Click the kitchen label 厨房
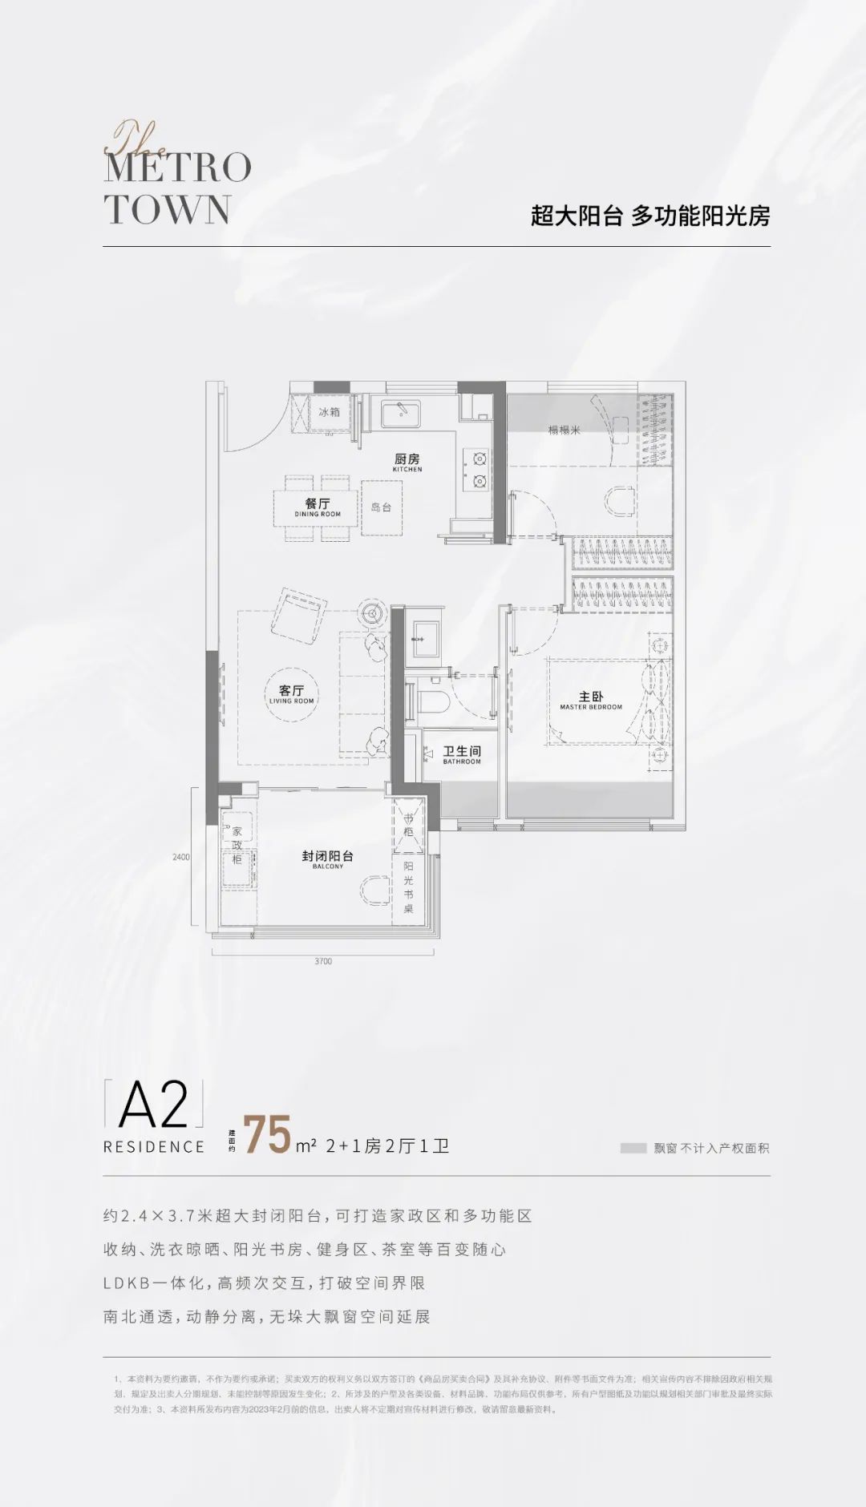407,459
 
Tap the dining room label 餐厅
318,504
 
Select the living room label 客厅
291,691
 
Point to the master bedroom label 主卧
590,697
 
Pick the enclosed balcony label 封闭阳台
327,856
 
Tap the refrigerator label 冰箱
329,413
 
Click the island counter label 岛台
381,507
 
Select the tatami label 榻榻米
564,430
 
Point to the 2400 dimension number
181,857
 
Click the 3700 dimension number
322,961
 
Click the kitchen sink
397,413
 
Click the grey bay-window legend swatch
633,1148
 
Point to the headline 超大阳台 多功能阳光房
649,216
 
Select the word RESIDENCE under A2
154,1147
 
